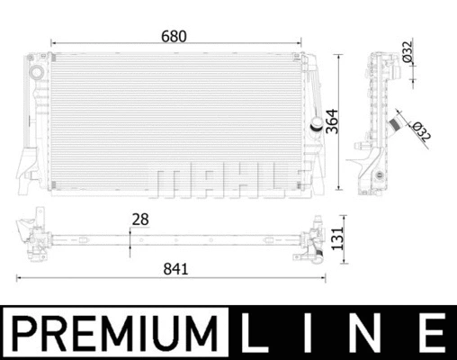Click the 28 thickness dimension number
pyautogui.click(x=139, y=219)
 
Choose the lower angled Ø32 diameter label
pyautogui.click(x=420, y=131)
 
